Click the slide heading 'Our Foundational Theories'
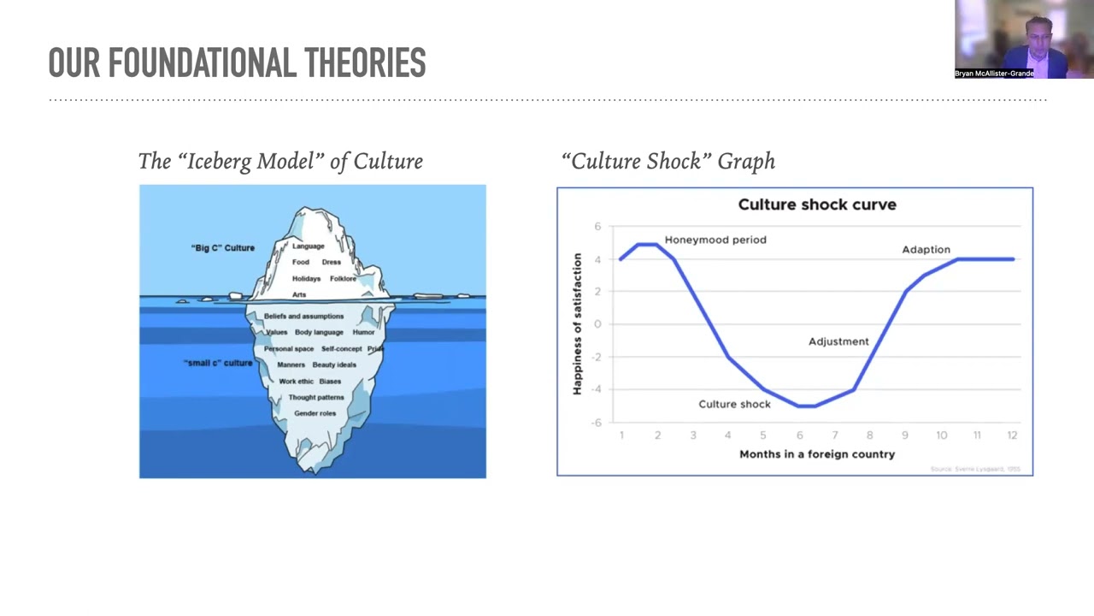click(237, 63)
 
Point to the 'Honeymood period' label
click(715, 240)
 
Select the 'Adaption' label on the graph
click(926, 250)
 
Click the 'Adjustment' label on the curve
click(838, 341)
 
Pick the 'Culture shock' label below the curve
click(734, 404)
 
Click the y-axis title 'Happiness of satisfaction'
click(578, 324)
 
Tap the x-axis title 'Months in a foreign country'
click(817, 453)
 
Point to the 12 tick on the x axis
click(1012, 435)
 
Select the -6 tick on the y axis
click(597, 422)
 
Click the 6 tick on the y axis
click(598, 227)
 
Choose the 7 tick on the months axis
click(835, 435)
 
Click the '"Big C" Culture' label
click(222, 248)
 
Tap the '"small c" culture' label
click(218, 363)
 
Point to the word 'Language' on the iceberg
click(309, 246)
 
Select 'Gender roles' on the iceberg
click(315, 413)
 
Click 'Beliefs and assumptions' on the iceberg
click(303, 316)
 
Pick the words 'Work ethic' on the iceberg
click(296, 381)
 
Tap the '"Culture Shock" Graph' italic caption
click(668, 161)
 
